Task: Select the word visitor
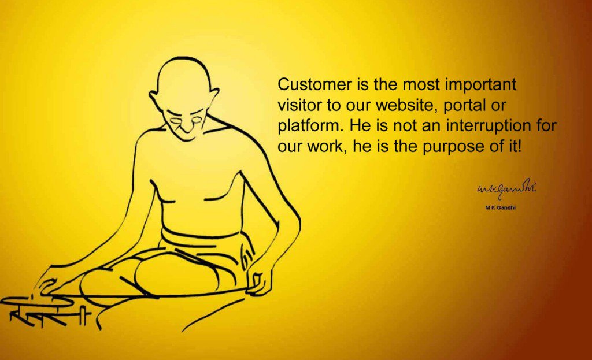[299, 105]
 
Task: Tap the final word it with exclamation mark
[515, 146]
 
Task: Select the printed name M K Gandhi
[500, 207]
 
